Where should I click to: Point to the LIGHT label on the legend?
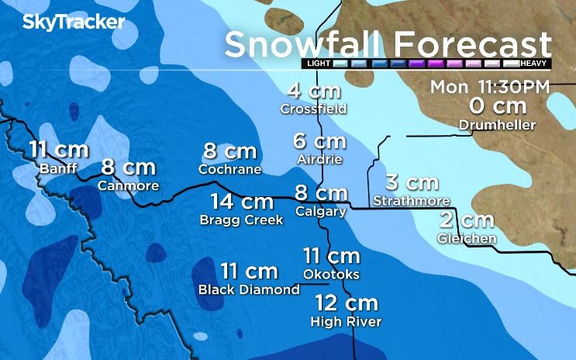point(319,63)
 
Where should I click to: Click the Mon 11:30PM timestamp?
point(489,86)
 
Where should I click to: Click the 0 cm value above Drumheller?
point(498,106)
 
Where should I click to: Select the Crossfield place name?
point(313,109)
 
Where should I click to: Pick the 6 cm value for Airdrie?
point(319,141)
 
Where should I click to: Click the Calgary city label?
point(320,211)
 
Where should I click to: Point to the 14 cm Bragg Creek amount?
point(242,202)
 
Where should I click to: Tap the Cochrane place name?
point(230,168)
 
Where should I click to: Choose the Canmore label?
point(129,185)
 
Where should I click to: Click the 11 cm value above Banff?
point(59,150)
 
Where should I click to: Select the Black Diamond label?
point(249,289)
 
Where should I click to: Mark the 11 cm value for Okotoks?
point(331,256)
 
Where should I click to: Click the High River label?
point(346,320)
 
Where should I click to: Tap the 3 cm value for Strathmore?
point(412,183)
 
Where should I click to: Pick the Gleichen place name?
point(467,238)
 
